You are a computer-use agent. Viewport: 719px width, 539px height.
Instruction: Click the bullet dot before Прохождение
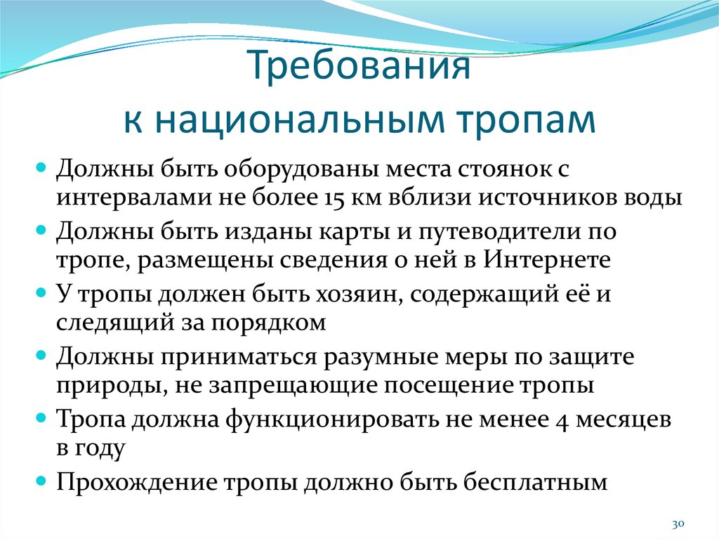tap(41, 483)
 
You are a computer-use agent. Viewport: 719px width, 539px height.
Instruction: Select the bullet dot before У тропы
tap(41, 294)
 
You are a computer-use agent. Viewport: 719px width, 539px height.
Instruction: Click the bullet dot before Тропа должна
tap(41, 420)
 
